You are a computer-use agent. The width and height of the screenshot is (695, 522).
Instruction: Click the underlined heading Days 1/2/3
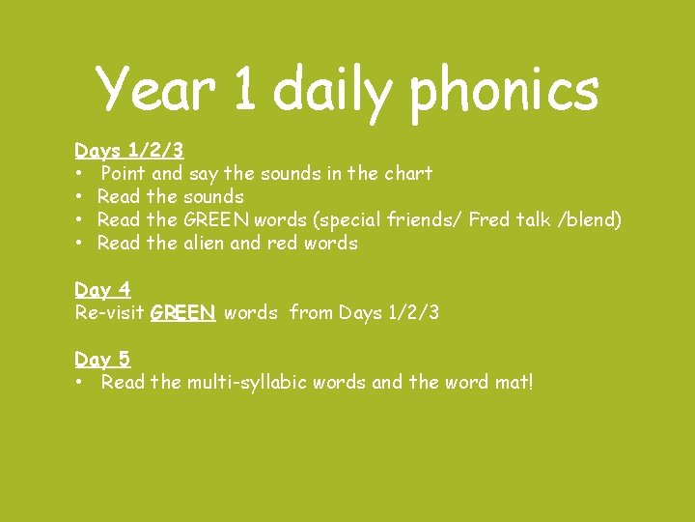pyautogui.click(x=129, y=151)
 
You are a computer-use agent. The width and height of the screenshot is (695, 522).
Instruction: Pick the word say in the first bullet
pyautogui.click(x=204, y=175)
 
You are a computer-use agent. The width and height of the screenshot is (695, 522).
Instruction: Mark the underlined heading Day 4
pyautogui.click(x=102, y=290)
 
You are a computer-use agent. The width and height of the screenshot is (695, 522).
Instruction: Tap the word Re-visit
pyautogui.click(x=109, y=313)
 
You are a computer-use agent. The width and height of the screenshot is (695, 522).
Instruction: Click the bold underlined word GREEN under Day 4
pyautogui.click(x=182, y=313)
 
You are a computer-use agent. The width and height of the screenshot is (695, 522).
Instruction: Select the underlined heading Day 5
pyautogui.click(x=102, y=360)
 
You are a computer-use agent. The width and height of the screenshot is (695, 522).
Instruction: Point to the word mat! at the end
pyautogui.click(x=511, y=383)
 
